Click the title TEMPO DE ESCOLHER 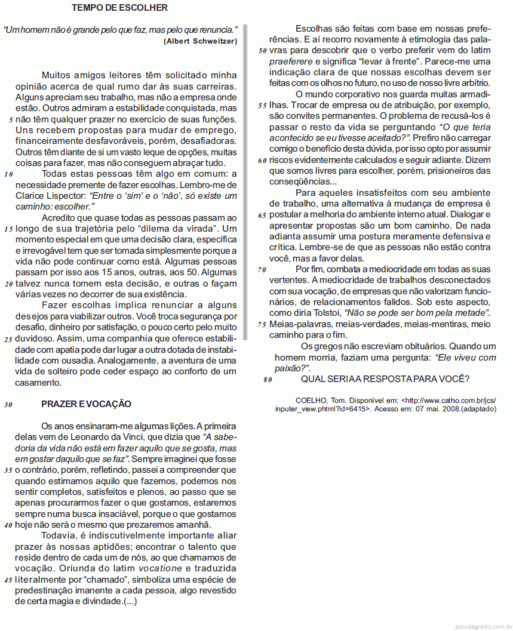click(119, 8)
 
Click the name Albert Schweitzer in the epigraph click(200, 41)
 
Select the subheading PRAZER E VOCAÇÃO click(86, 404)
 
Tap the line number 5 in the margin click(11, 119)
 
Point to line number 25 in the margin click(8, 339)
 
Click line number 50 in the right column click(262, 51)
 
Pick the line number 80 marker click(268, 380)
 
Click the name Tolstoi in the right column click(325, 313)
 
